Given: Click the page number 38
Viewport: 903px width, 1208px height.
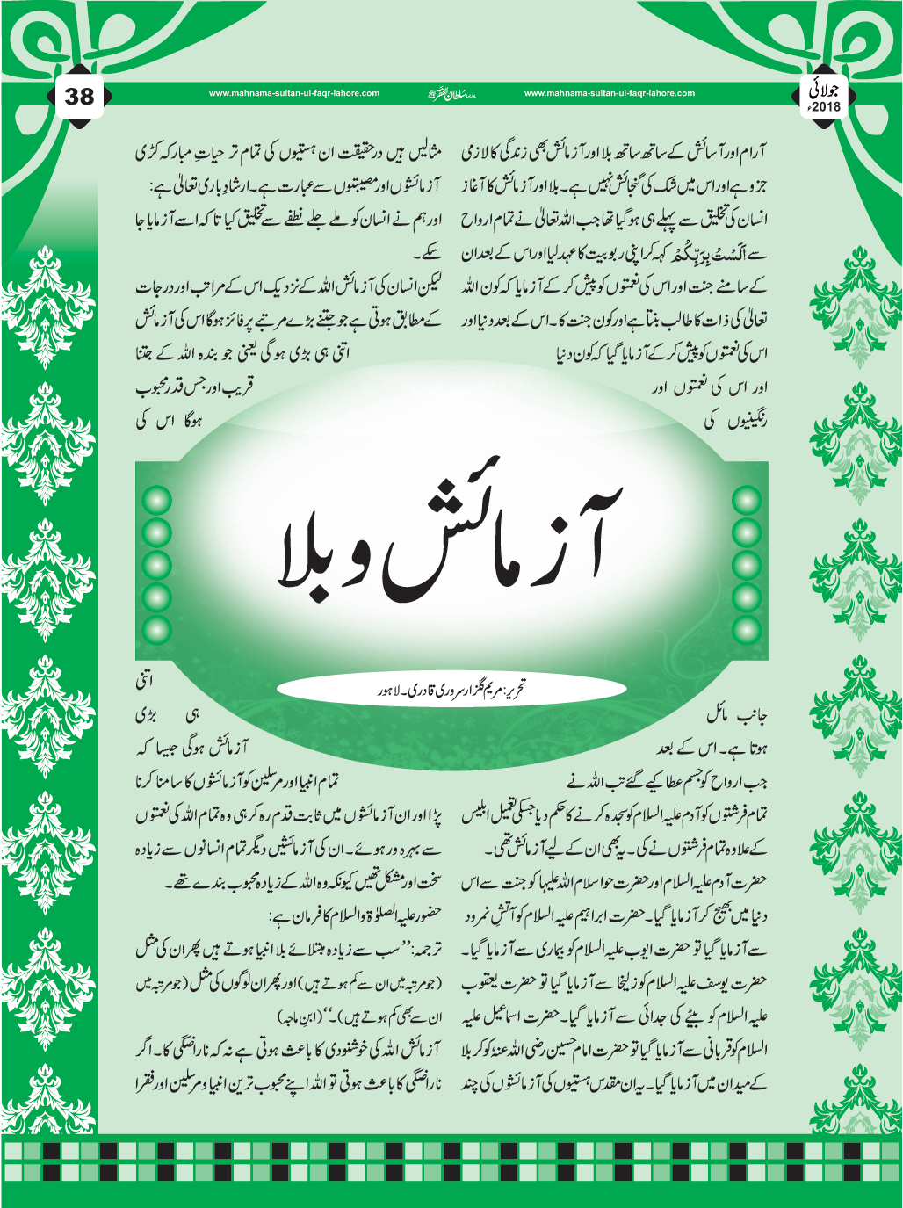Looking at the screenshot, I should click(x=79, y=96).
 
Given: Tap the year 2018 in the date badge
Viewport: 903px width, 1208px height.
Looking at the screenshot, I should click(x=826, y=107).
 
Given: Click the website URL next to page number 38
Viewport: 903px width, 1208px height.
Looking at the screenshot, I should click(x=294, y=93).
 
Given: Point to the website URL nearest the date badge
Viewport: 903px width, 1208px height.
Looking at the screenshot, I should click(x=609, y=93).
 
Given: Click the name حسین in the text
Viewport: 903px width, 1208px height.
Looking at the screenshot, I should click(x=579, y=1050).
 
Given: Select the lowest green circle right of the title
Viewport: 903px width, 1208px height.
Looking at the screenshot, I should click(x=747, y=628).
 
